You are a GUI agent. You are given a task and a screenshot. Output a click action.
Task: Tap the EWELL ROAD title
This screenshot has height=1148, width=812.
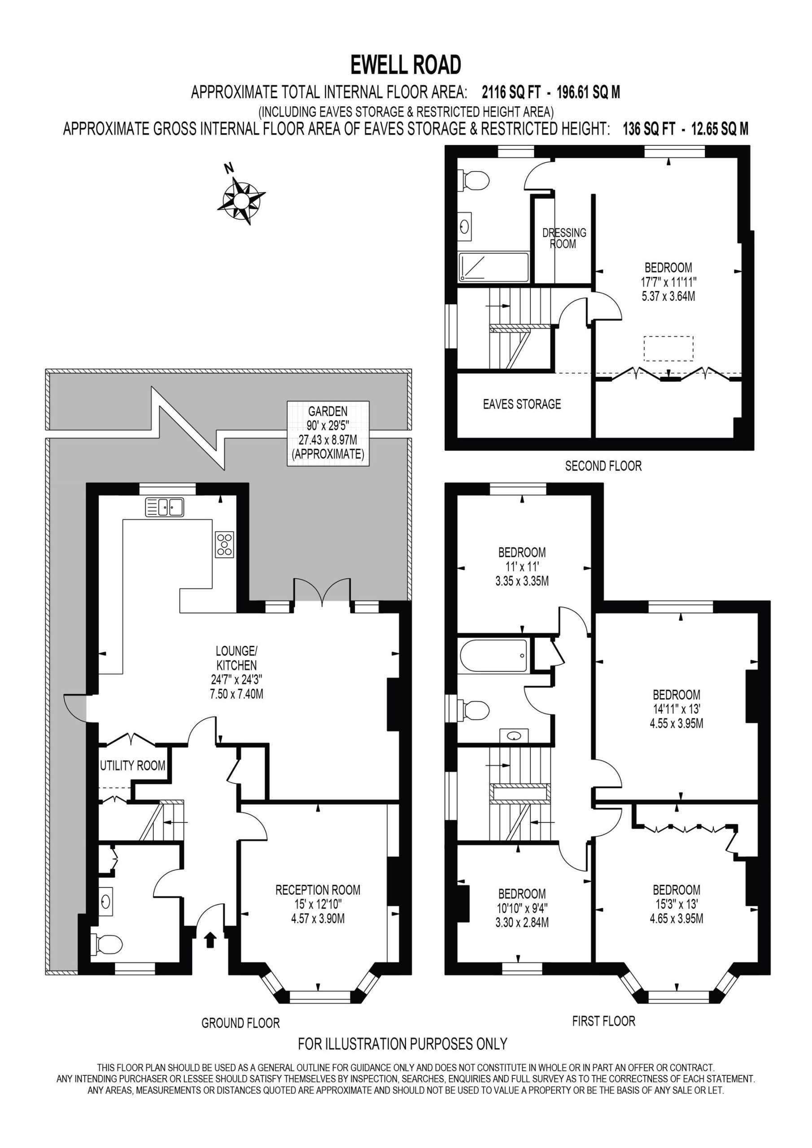coord(406,65)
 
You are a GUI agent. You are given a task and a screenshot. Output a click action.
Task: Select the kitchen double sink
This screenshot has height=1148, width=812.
coord(165,507)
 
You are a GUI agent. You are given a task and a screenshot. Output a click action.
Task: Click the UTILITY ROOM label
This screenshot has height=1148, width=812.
coord(133,765)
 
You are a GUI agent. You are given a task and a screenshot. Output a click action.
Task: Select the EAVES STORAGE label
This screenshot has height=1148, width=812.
coord(522,404)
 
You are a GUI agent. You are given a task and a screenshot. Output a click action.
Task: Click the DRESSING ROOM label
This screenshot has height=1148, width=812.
coord(564,239)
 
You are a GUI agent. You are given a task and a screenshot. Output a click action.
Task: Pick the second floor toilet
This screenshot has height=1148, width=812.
coord(473,180)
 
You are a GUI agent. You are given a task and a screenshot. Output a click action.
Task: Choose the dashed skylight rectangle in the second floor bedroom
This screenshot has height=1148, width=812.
coord(668,348)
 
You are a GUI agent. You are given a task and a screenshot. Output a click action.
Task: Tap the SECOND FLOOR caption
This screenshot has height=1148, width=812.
coord(603,466)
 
